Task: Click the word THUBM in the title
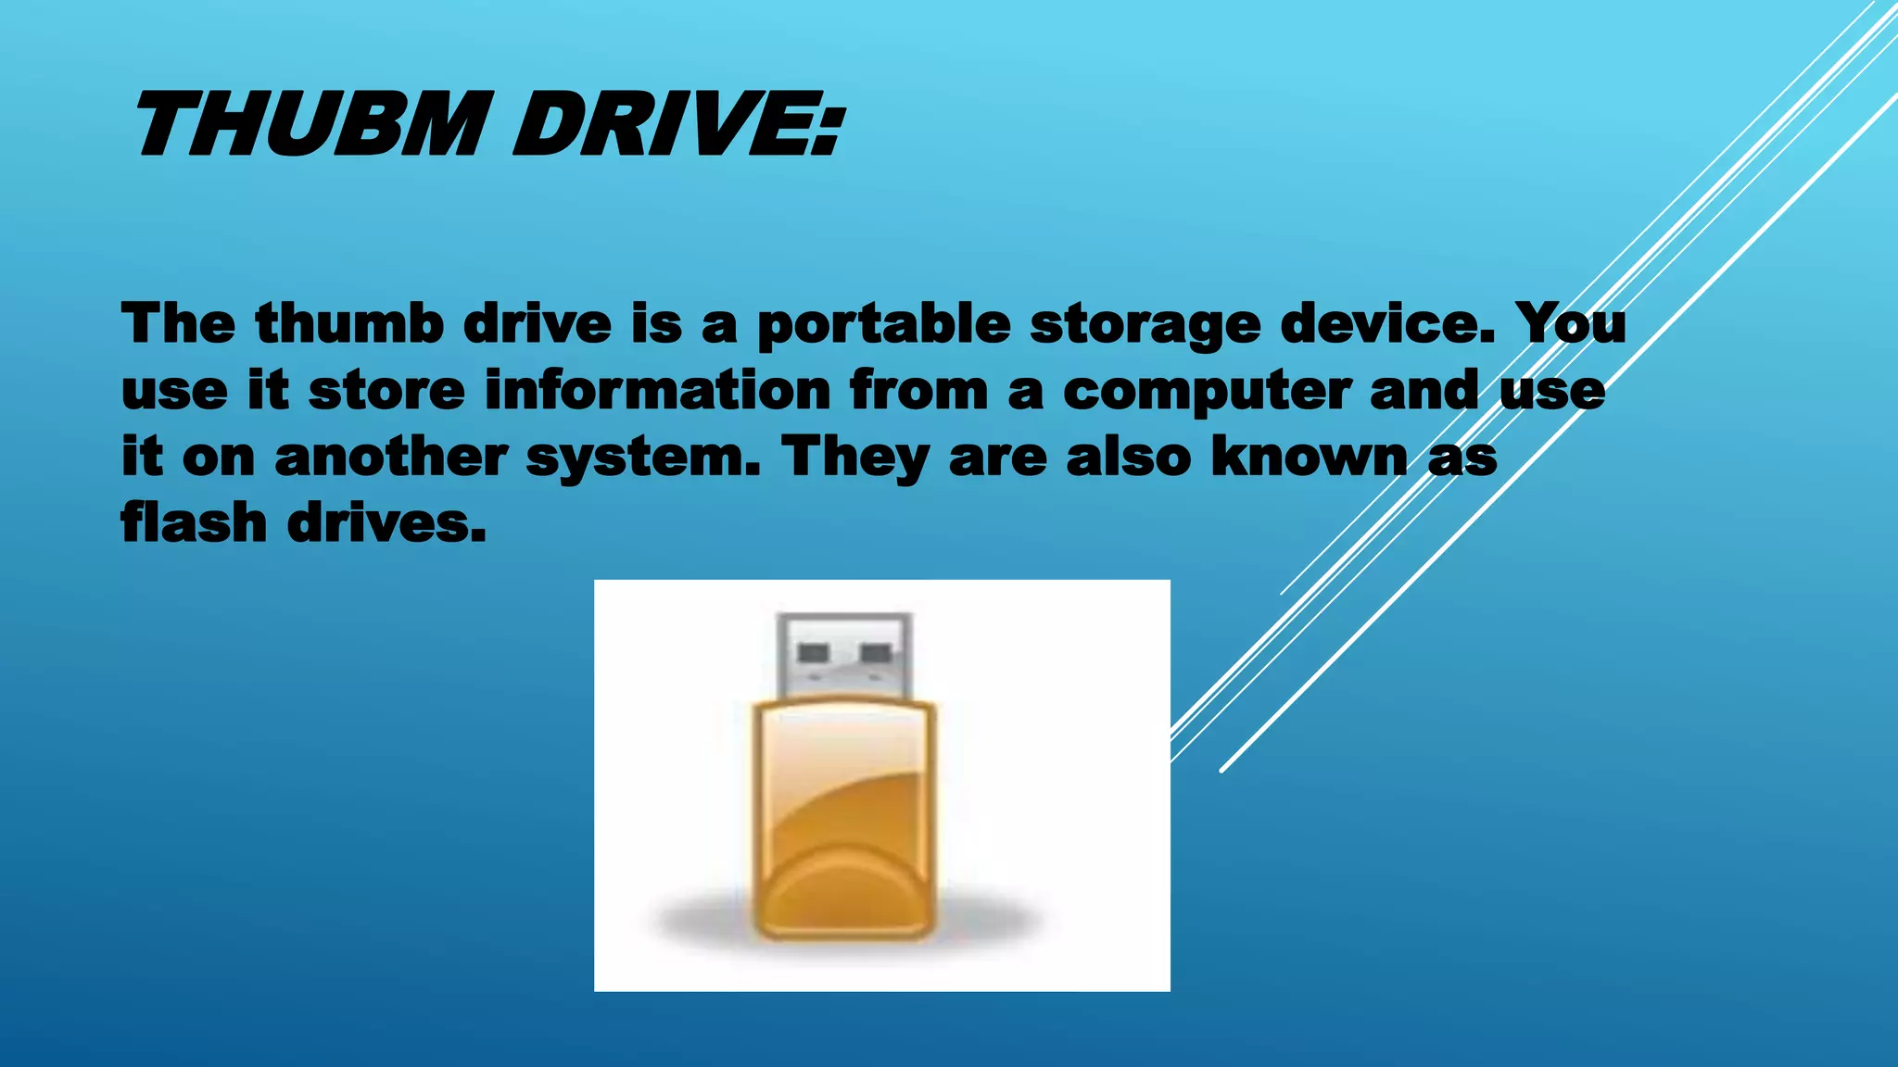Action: [310, 125]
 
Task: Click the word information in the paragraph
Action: [658, 390]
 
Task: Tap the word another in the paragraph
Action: [391, 457]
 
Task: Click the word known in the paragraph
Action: [1310, 457]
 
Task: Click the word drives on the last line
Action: [386, 523]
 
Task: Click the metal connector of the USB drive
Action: [844, 654]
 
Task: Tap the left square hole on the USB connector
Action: [813, 653]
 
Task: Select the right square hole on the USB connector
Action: [876, 653]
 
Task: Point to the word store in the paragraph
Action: [386, 390]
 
